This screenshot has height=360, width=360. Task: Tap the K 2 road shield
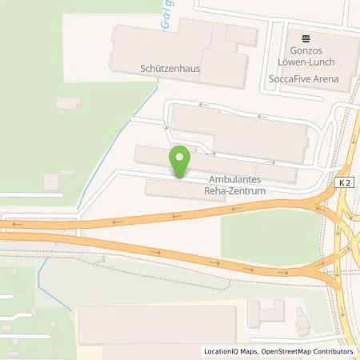tap(344, 183)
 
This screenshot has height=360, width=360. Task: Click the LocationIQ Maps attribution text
tap(233, 351)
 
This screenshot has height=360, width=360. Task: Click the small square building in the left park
tap(52, 182)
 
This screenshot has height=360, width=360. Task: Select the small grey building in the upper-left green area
tap(68, 103)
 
